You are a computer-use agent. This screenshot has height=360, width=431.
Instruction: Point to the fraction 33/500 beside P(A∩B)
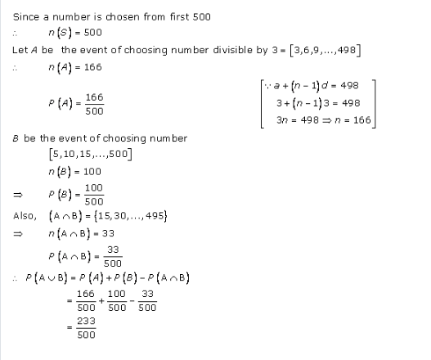point(113,258)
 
